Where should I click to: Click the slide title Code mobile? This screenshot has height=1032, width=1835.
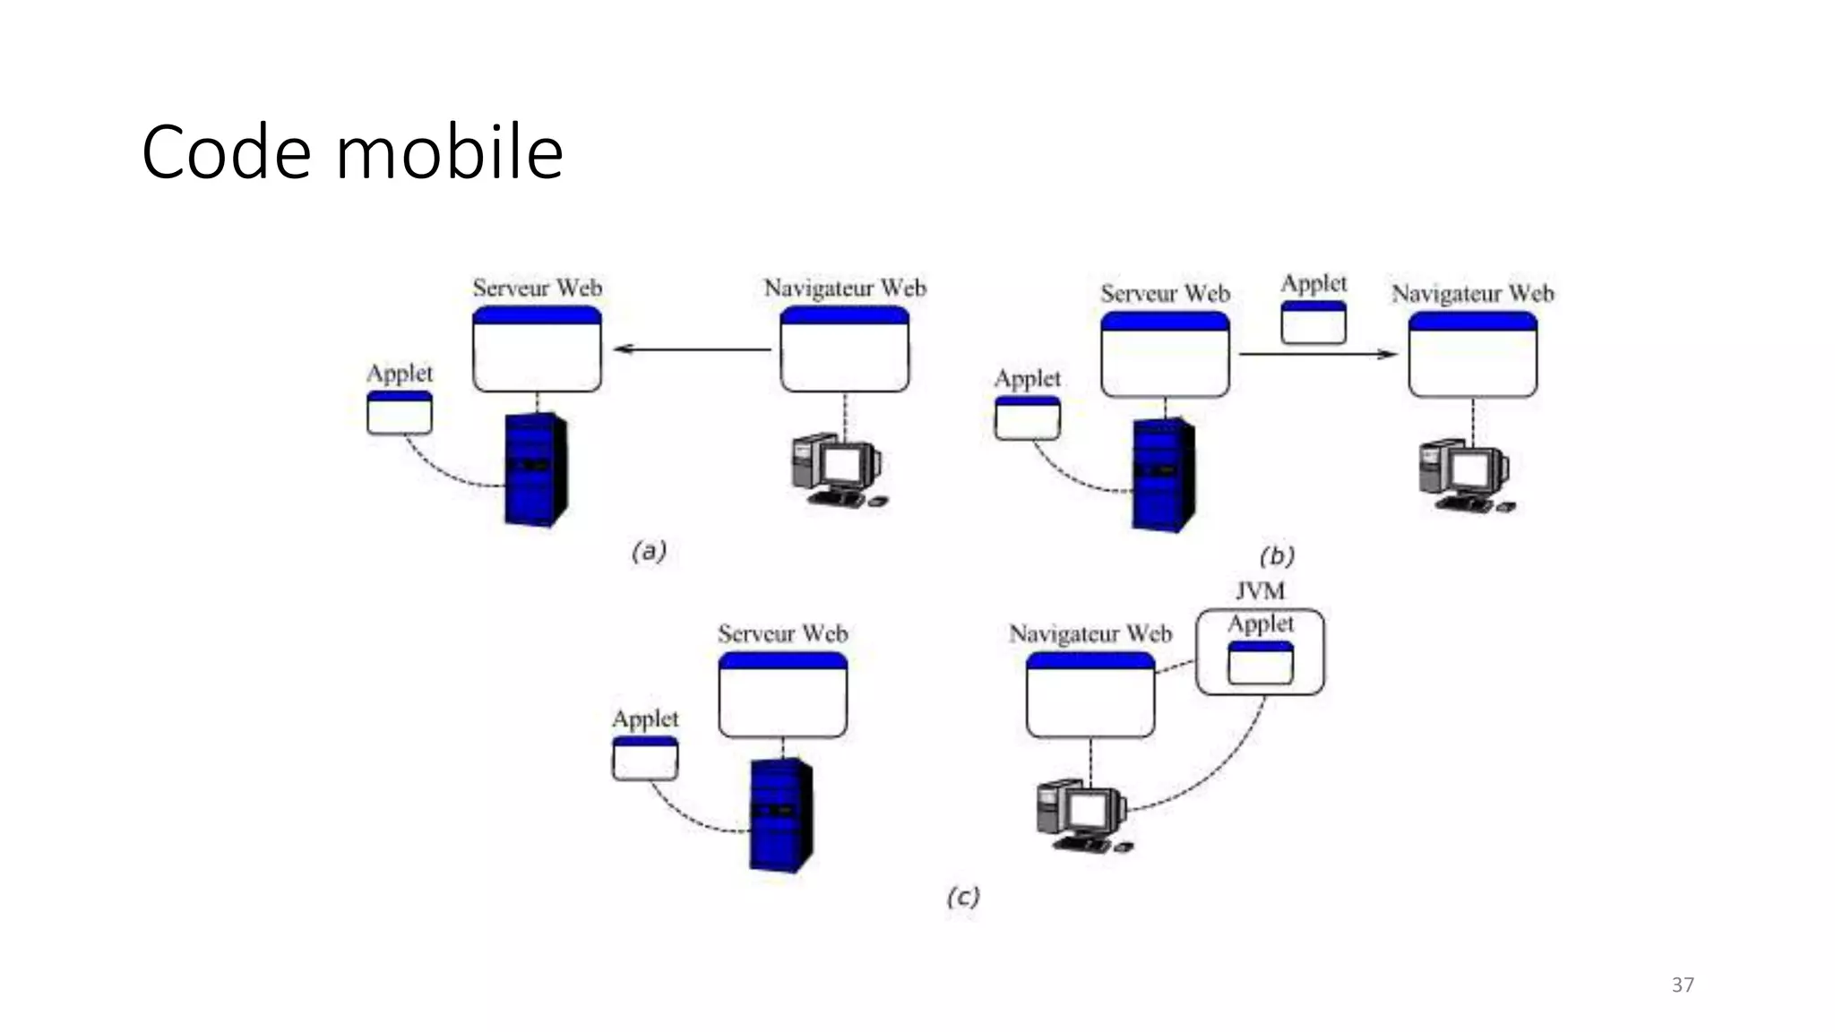(x=352, y=152)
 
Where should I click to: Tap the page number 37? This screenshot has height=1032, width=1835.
(x=1682, y=985)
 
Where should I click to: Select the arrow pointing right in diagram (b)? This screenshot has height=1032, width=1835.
(x=1317, y=355)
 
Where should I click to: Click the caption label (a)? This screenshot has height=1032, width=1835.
(x=649, y=551)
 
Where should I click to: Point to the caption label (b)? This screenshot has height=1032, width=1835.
(x=1277, y=556)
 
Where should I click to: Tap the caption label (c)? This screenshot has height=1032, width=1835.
(x=963, y=897)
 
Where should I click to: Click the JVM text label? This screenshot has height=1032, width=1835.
(x=1260, y=591)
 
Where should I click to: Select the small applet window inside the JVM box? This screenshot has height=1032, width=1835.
(x=1260, y=663)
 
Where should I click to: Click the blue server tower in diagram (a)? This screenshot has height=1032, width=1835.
(x=535, y=469)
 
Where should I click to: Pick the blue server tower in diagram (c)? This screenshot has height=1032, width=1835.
(x=780, y=814)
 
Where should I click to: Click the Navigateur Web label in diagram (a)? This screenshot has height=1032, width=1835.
(x=844, y=288)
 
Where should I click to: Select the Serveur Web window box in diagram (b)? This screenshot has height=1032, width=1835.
(x=1164, y=355)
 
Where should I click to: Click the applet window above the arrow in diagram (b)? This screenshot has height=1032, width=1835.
(x=1313, y=322)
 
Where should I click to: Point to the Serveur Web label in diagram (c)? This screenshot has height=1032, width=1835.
(x=782, y=634)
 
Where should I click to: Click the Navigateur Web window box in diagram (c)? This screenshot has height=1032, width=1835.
(x=1090, y=695)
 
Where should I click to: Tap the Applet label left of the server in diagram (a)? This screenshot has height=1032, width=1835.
(x=399, y=374)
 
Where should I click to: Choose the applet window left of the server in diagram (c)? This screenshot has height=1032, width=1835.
(x=645, y=759)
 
